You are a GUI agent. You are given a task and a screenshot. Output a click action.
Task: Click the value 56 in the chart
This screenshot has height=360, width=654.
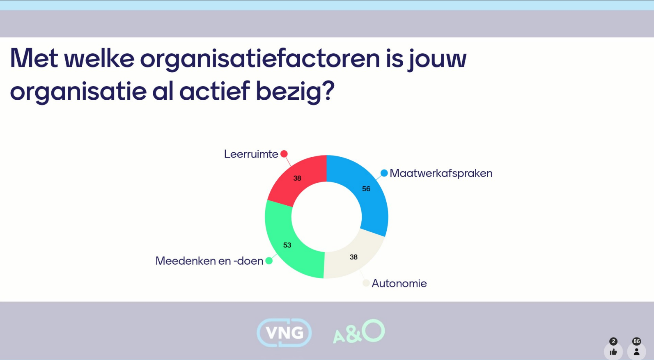(366, 189)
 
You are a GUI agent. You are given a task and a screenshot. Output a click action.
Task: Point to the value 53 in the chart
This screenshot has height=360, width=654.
(287, 245)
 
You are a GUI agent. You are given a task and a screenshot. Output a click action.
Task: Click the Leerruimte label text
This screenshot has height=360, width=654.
(251, 154)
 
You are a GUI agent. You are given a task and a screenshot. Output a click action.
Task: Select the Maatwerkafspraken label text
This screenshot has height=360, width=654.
(441, 173)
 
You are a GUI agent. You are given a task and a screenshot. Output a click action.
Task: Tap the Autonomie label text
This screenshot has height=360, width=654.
(399, 284)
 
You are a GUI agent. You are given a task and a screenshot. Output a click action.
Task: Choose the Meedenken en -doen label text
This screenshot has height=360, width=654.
(209, 261)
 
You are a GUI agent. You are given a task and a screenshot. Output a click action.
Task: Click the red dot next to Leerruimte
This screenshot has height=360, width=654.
(284, 154)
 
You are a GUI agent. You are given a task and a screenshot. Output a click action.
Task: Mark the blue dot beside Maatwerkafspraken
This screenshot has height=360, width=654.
(384, 173)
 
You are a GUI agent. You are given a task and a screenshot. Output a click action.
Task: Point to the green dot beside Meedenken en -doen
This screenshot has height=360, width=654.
(269, 261)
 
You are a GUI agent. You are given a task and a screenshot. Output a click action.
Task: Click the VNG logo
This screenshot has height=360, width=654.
(284, 332)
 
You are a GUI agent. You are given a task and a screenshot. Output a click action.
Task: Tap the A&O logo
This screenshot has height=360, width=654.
(359, 331)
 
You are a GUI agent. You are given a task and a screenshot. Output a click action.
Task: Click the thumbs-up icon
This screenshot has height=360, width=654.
(613, 352)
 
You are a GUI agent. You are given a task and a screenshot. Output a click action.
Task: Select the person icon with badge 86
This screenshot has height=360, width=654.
(636, 352)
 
